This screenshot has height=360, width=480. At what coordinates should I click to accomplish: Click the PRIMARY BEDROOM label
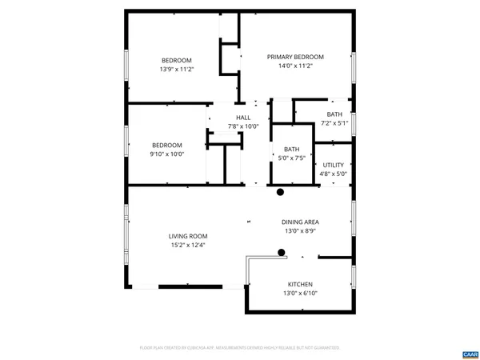(x=295, y=57)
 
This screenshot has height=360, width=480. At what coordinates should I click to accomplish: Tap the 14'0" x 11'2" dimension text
(x=295, y=66)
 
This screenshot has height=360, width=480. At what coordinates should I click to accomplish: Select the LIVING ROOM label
(x=188, y=236)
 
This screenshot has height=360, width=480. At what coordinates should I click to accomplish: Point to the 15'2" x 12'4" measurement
(x=188, y=246)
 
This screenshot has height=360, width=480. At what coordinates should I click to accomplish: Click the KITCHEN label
(x=300, y=285)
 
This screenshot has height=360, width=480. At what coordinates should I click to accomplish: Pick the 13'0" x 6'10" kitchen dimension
(x=300, y=294)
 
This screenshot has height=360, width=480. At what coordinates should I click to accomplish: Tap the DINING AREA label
(x=300, y=222)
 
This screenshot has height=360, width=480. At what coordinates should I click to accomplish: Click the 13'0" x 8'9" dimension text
(x=300, y=231)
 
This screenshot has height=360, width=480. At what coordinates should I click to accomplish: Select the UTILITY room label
(x=334, y=165)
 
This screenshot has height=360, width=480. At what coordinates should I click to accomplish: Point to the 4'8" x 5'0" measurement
(x=334, y=174)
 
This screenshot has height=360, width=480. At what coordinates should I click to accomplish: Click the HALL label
(x=243, y=118)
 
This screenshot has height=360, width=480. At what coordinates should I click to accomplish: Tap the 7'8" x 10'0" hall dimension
(x=243, y=126)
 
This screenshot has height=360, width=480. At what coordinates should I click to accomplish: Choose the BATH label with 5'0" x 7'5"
(x=291, y=149)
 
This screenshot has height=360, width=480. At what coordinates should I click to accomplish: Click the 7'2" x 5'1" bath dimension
(x=334, y=123)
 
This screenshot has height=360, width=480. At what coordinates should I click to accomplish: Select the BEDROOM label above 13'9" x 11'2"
(x=177, y=61)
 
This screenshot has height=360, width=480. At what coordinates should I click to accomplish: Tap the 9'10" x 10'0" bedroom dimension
(x=167, y=154)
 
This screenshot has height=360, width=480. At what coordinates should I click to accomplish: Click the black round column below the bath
(x=281, y=192)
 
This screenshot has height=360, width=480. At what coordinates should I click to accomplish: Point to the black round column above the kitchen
(x=282, y=253)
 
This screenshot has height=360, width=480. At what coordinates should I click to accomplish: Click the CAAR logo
(x=469, y=353)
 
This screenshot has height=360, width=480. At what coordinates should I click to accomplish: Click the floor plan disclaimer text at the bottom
(x=239, y=348)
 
